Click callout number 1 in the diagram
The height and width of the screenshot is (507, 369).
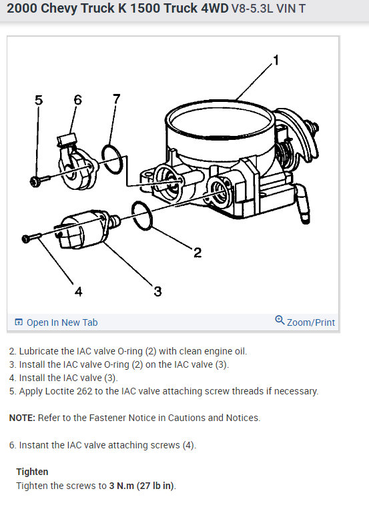(276, 60)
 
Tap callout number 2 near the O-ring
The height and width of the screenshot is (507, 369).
(198, 253)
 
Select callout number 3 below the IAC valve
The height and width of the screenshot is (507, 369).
(157, 291)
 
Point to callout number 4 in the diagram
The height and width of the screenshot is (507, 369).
(78, 291)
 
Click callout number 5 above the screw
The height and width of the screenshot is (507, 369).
(39, 100)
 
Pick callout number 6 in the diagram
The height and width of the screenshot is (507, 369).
(78, 99)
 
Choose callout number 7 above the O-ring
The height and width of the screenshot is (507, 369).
(116, 99)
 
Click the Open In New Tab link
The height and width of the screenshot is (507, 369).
(62, 322)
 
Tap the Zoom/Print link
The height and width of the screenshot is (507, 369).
(311, 322)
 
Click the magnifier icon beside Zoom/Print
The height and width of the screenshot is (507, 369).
(280, 320)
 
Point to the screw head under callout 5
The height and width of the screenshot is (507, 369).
(34, 182)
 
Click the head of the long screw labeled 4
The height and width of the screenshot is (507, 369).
(25, 239)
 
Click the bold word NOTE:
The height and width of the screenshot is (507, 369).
(22, 418)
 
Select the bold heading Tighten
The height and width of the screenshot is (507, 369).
(32, 472)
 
